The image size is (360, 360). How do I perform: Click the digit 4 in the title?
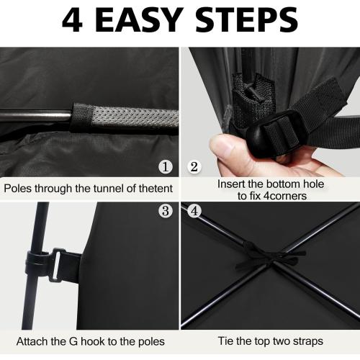coord(72,20)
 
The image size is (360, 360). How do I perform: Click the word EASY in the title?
coord(140,20)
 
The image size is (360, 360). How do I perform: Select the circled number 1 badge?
coord(166,166)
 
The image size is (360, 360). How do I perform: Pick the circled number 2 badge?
coord(194,166)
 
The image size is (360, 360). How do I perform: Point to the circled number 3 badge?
coord(166,211)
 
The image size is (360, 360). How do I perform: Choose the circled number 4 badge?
coord(194,211)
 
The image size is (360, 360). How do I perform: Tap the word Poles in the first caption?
coord(18,189)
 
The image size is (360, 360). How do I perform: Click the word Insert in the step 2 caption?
coord(231,184)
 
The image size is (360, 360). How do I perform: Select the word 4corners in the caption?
coord(285,196)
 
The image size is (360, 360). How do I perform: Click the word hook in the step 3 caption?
coord(93,341)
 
